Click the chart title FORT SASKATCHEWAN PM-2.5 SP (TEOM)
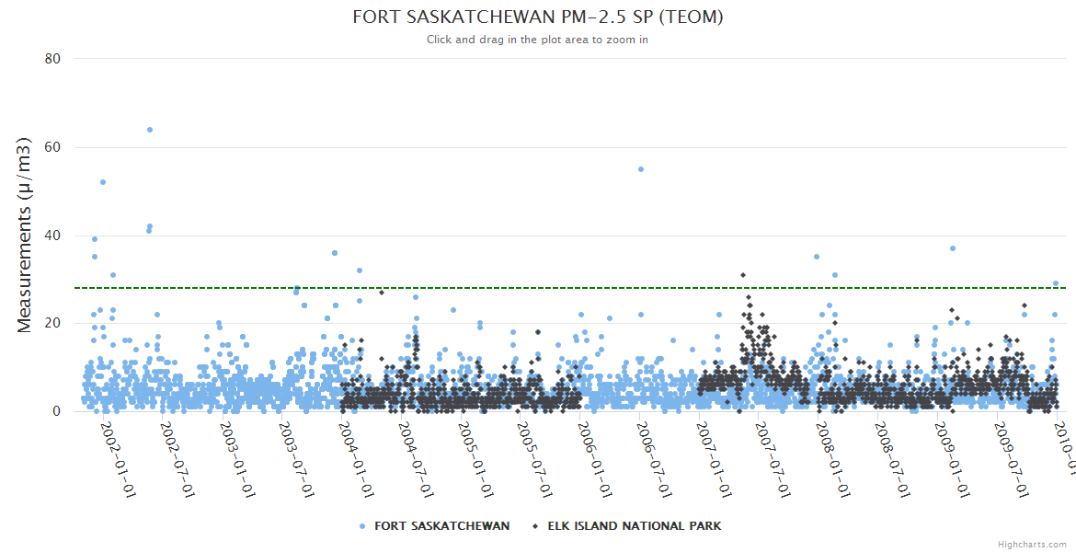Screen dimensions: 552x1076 coord(538,17)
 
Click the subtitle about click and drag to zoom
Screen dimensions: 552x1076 coord(538,40)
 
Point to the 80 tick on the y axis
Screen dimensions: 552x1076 coord(52,59)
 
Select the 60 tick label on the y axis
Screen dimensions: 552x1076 coord(52,147)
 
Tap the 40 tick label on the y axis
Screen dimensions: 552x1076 coord(52,236)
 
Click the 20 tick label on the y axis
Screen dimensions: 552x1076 coord(52,323)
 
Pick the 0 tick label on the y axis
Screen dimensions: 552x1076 coord(56,411)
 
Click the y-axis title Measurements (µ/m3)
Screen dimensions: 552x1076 coord(25,235)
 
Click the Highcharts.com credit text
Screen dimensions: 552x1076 coord(1032,545)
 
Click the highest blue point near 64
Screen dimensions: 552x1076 coord(150,130)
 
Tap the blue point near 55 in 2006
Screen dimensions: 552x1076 coord(641,169)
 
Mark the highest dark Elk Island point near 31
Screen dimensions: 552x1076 coord(742,275)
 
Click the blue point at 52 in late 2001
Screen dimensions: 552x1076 coord(103,182)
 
